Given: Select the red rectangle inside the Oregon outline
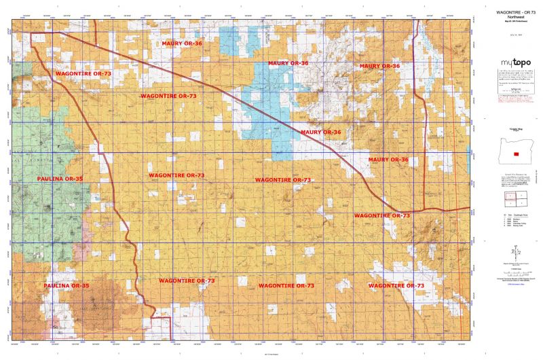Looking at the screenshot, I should [516, 154].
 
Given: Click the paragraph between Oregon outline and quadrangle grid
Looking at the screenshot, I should [512, 180].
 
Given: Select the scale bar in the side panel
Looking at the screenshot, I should [512, 267].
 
